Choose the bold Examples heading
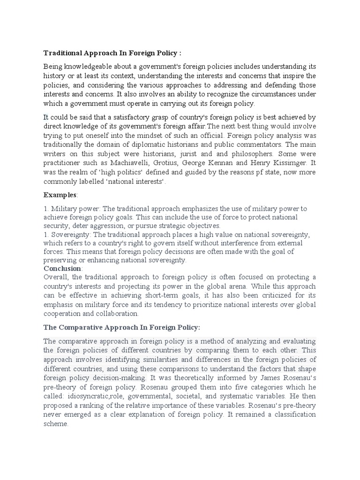pyautogui.click(x=60, y=194)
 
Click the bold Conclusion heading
pyautogui.click(x=63, y=268)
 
